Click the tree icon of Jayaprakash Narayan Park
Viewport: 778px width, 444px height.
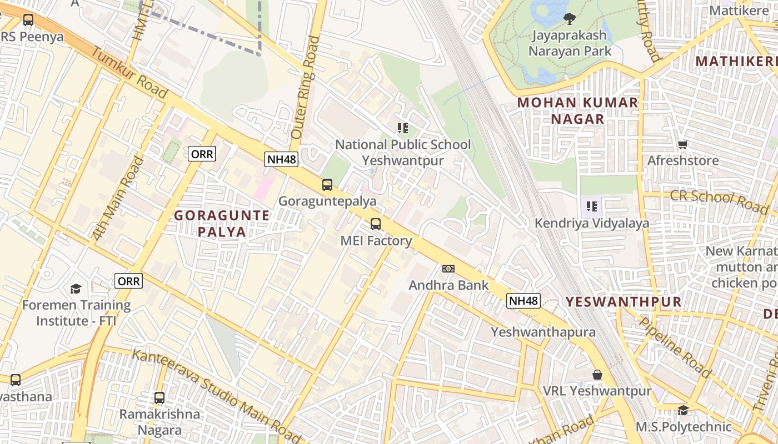pyautogui.click(x=570, y=19)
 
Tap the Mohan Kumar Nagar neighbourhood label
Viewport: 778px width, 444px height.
pyautogui.click(x=578, y=110)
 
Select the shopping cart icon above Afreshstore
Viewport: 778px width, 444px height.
pyautogui.click(x=683, y=144)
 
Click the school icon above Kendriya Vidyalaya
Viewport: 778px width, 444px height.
pyautogui.click(x=592, y=207)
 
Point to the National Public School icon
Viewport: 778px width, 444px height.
pyautogui.click(x=403, y=129)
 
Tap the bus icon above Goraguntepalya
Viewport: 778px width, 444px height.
pyautogui.click(x=327, y=185)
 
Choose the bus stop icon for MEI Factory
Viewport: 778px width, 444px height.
pyautogui.click(x=376, y=224)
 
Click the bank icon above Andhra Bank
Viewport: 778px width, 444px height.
pyautogui.click(x=448, y=269)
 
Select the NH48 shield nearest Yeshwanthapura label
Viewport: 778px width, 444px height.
pyautogui.click(x=523, y=301)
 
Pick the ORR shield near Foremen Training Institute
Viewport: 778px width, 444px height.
pyautogui.click(x=129, y=281)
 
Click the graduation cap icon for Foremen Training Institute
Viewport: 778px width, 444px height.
pyautogui.click(x=76, y=289)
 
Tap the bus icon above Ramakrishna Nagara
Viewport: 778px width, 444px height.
pyautogui.click(x=159, y=398)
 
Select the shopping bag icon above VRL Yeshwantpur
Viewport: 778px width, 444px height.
pyautogui.click(x=597, y=375)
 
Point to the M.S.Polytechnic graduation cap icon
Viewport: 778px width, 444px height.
pyautogui.click(x=683, y=410)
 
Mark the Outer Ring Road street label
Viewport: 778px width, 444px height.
pyautogui.click(x=306, y=87)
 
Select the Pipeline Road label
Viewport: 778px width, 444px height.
pyautogui.click(x=675, y=346)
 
